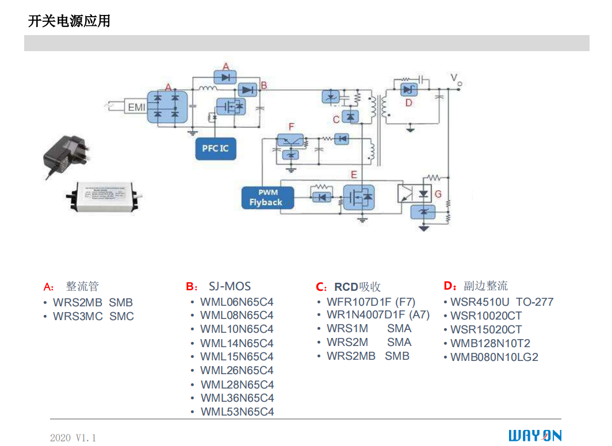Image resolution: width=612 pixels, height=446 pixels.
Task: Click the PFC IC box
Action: tap(215, 148)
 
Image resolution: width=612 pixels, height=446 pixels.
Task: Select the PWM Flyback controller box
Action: tap(266, 198)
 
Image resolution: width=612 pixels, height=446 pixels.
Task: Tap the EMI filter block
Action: tap(136, 107)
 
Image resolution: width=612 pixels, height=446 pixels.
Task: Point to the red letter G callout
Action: tap(438, 194)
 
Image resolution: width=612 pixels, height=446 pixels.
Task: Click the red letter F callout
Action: tap(292, 126)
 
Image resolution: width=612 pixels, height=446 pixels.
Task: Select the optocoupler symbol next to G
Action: tap(406, 193)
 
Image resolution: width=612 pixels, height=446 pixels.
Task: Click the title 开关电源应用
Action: tap(69, 22)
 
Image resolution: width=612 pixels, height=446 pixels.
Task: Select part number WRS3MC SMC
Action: tap(93, 316)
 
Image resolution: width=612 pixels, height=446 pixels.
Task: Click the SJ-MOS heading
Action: tap(229, 286)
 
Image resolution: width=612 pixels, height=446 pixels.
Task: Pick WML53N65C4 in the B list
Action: tap(237, 412)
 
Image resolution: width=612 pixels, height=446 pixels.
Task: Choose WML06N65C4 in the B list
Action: tap(236, 302)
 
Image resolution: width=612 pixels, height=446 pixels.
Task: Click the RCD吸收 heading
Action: tap(357, 287)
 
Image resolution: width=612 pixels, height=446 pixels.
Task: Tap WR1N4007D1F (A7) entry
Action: tap(378, 315)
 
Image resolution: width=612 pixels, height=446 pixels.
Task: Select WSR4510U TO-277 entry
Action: tap(502, 302)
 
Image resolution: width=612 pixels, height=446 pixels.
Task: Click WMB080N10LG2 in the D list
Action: tap(494, 357)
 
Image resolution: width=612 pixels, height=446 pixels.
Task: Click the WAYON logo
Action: tap(534, 435)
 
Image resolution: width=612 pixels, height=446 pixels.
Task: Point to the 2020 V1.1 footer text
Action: tap(73, 438)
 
